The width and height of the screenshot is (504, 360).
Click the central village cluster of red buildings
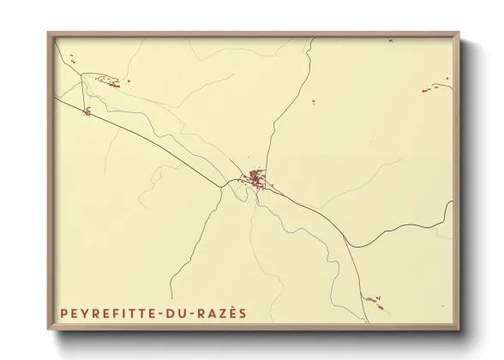pyautogui.click(x=255, y=179)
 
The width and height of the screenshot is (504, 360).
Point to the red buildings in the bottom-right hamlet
pyautogui.click(x=372, y=299)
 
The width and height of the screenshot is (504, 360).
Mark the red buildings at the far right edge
pyautogui.click(x=435, y=87)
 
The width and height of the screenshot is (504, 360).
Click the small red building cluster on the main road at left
pyautogui.click(x=86, y=111)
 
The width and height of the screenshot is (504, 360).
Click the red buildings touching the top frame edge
pyautogui.click(x=390, y=39)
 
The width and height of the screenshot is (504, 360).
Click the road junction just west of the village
pyautogui.click(x=228, y=183)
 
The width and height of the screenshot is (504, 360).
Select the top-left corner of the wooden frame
pyautogui.click(x=49, y=33)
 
